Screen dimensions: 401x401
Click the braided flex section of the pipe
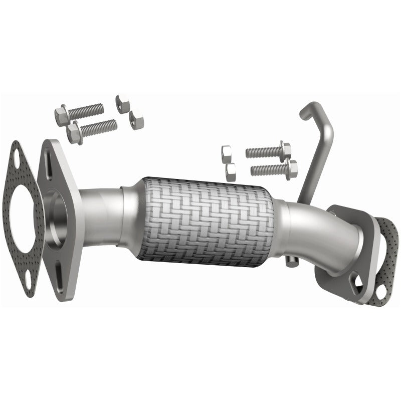point(208,221)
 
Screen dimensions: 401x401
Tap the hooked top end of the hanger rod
point(307,110)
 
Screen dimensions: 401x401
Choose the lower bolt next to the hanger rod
point(274,169)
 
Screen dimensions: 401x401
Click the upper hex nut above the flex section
point(226,152)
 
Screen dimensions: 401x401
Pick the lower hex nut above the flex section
point(231,172)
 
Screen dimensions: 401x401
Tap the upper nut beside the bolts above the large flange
point(122,103)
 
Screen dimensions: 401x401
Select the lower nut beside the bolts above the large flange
point(136,120)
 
